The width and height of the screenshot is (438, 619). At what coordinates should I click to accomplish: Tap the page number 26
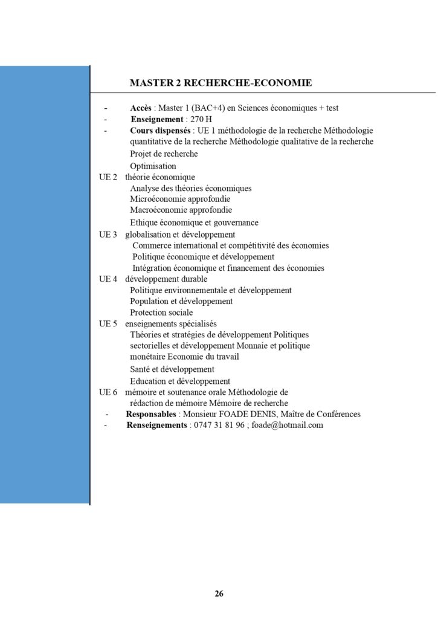219,593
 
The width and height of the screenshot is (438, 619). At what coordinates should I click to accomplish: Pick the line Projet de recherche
164,154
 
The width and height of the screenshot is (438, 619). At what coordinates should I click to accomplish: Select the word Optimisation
153,166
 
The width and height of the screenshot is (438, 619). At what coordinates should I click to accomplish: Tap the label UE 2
108,177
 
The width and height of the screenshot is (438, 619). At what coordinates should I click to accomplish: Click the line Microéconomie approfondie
180,199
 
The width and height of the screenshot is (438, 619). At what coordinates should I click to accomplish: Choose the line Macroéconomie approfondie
181,210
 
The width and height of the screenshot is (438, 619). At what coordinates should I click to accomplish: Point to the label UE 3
108,234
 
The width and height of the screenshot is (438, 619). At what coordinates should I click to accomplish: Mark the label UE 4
108,279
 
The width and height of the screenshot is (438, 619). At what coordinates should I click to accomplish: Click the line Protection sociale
161,313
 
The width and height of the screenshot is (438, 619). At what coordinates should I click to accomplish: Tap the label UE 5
108,323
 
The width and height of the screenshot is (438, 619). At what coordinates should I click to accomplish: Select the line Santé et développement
172,369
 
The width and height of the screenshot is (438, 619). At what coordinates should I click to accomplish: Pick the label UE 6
108,392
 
